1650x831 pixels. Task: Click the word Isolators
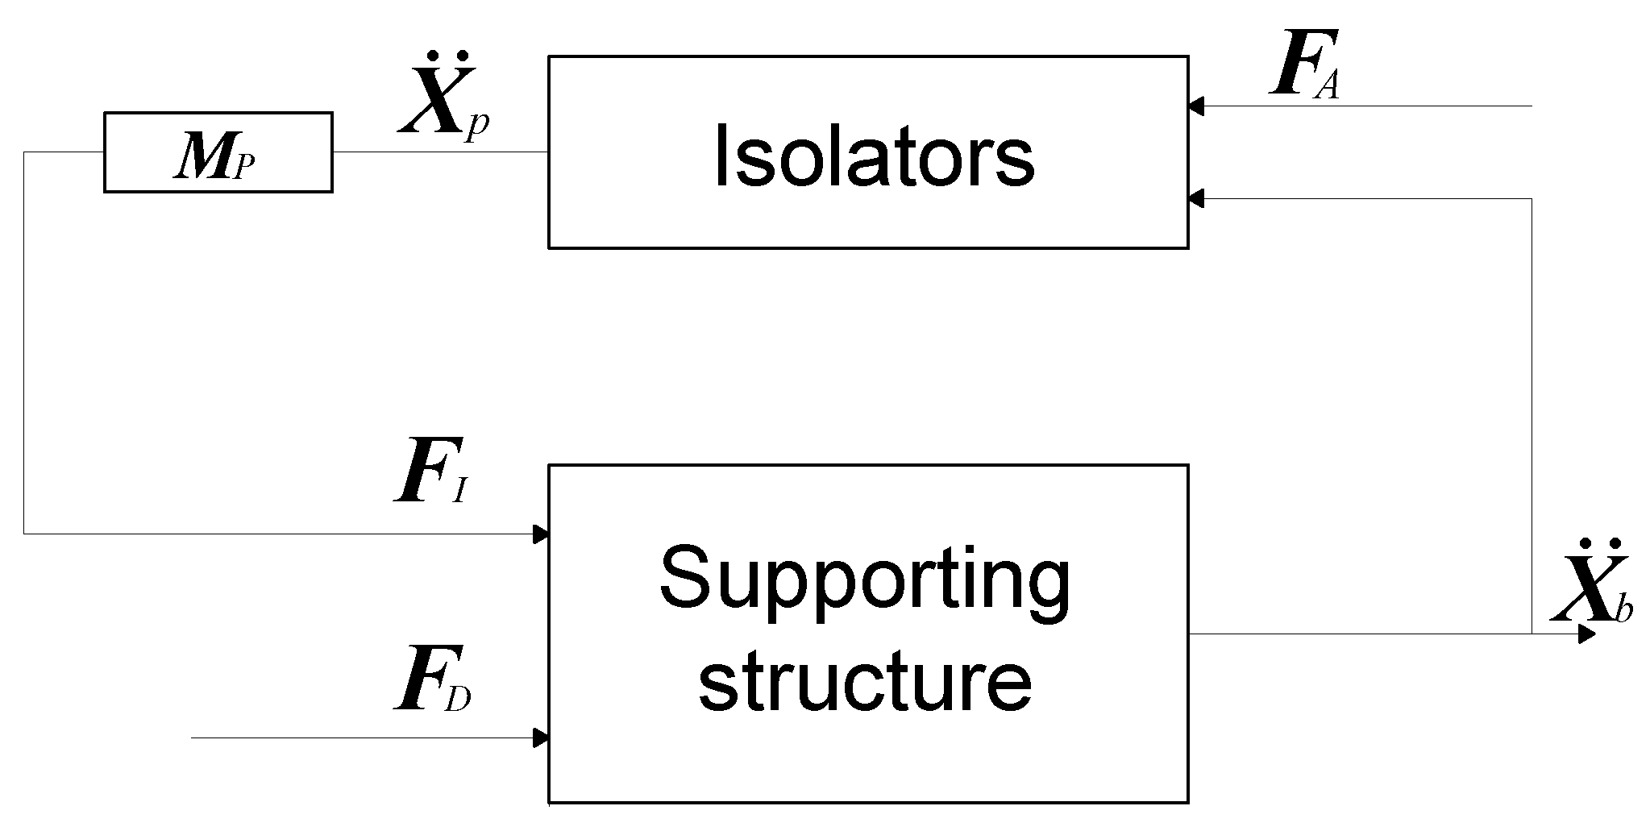[874, 156]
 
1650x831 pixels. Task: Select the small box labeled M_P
[218, 152]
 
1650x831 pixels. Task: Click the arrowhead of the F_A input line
[1196, 106]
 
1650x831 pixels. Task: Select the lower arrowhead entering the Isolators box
[1196, 198]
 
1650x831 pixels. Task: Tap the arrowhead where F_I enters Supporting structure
[542, 534]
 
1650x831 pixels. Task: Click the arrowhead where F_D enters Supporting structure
[542, 738]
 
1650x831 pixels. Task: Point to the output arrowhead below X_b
[1586, 634]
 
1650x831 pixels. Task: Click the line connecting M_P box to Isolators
[439, 152]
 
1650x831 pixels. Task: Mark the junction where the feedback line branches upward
[1532, 634]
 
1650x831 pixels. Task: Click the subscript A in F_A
[1327, 84]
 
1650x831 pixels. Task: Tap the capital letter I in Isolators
[721, 156]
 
